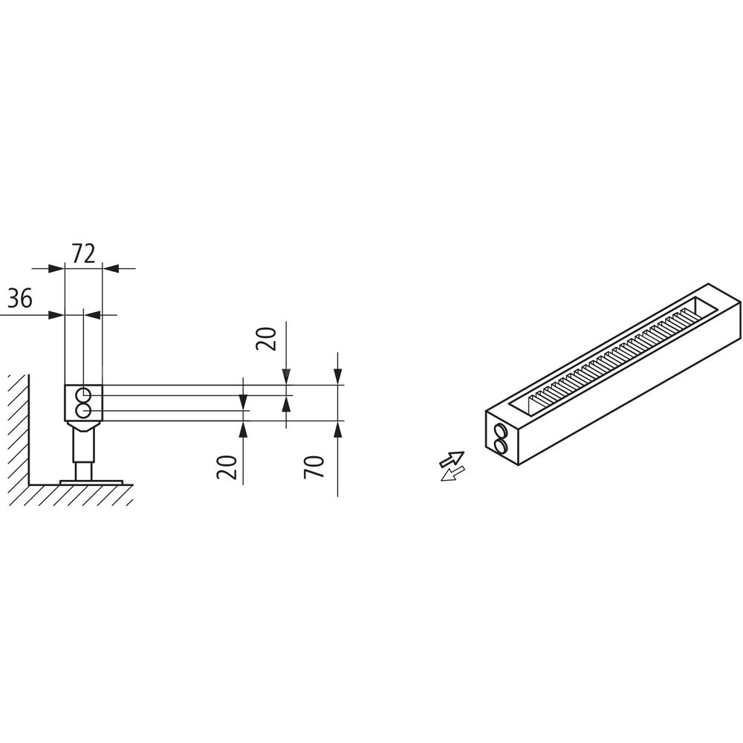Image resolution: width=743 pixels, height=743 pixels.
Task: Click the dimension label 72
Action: click(x=83, y=253)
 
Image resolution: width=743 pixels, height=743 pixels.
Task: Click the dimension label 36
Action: click(x=20, y=299)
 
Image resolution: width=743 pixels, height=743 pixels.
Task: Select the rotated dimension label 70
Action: click(x=314, y=467)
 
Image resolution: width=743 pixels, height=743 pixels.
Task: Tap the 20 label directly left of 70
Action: click(x=227, y=467)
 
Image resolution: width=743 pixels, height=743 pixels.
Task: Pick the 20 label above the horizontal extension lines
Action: click(x=266, y=338)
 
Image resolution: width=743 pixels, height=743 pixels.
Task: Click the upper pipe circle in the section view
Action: click(x=85, y=393)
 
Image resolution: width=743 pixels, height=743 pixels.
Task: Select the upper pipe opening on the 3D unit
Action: click(x=499, y=431)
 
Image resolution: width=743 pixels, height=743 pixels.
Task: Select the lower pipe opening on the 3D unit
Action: click(x=499, y=445)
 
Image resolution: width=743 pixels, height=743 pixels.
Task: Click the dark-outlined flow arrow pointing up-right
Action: click(x=451, y=459)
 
